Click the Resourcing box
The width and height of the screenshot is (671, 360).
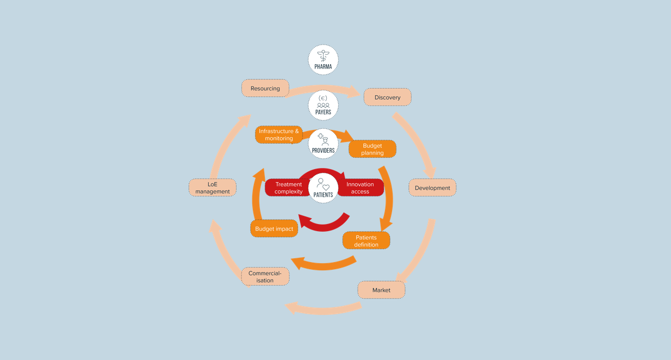265,88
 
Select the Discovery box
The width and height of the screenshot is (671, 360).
387,97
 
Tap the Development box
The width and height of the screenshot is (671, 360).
432,188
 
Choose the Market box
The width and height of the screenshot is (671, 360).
381,290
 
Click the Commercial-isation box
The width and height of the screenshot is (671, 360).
265,276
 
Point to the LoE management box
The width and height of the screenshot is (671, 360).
213,188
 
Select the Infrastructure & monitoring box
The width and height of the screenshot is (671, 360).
279,135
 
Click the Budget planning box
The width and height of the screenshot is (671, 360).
372,149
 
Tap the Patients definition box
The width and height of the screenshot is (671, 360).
366,240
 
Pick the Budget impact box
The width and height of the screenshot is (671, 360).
274,228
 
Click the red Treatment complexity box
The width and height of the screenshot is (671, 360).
288,188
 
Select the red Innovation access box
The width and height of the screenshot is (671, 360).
361,188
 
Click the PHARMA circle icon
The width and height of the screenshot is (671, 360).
323,60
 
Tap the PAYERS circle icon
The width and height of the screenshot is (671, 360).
323,105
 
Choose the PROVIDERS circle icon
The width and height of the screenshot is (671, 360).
323,144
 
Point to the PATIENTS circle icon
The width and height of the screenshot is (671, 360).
323,188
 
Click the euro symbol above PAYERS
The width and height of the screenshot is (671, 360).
322,98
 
